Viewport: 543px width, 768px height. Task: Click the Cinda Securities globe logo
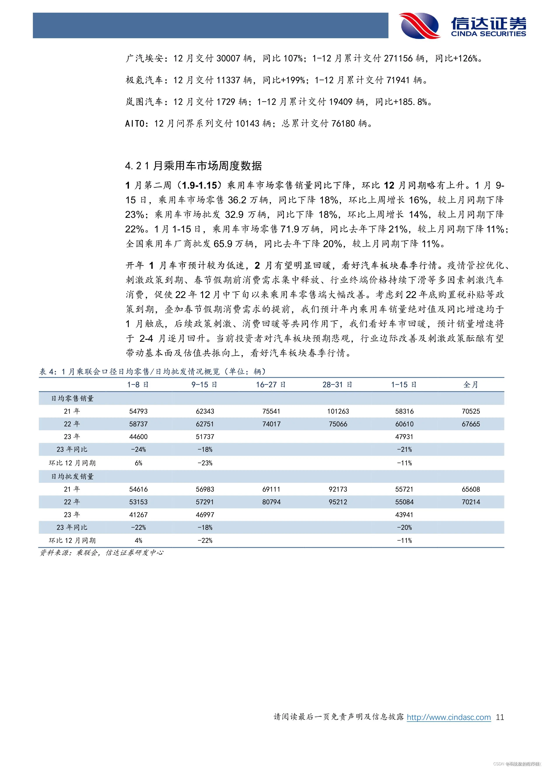click(x=420, y=25)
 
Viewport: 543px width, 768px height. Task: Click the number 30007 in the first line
click(x=228, y=58)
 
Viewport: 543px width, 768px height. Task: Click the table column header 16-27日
click(x=271, y=385)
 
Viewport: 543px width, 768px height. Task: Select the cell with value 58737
click(x=138, y=424)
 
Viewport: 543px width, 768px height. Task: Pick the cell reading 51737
click(x=205, y=437)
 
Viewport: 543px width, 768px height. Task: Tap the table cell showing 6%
click(x=138, y=463)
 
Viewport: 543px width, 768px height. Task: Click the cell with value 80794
click(x=271, y=502)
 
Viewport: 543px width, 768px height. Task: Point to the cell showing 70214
click(x=471, y=502)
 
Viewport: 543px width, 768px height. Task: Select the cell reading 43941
click(x=404, y=515)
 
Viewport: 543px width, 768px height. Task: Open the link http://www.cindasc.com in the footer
click(x=449, y=717)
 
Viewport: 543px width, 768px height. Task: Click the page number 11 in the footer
click(x=500, y=717)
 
